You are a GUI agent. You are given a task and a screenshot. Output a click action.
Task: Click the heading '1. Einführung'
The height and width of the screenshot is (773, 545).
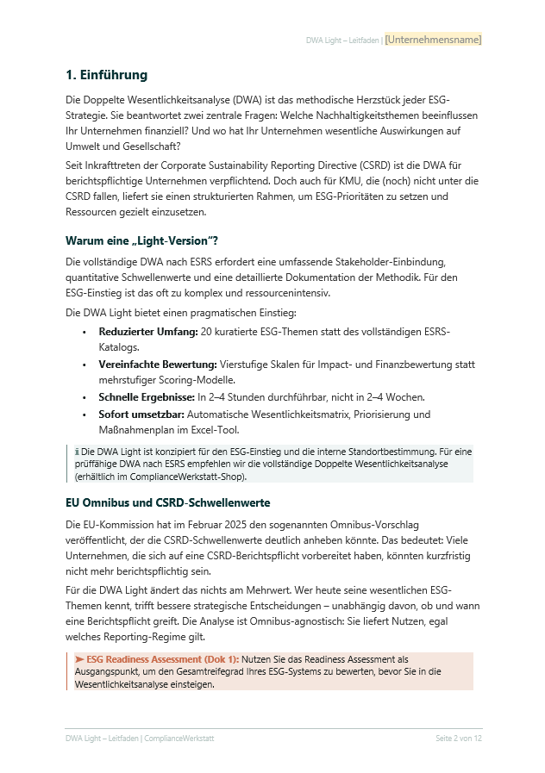(106, 75)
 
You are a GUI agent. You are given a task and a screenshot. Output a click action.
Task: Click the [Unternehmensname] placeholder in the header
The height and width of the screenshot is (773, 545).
(433, 40)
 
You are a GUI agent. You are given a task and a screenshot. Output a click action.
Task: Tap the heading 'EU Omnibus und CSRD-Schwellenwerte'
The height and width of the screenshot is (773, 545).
(169, 502)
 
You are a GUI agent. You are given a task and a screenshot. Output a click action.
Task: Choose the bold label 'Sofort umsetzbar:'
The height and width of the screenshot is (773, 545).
(139, 415)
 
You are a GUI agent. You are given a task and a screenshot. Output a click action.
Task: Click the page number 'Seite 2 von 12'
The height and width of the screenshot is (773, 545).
(458, 739)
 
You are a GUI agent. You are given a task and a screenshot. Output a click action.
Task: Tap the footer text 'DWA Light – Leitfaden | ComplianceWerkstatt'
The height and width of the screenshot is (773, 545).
(140, 739)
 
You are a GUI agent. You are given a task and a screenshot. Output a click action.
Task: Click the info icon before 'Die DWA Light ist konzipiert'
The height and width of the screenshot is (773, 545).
(77, 451)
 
